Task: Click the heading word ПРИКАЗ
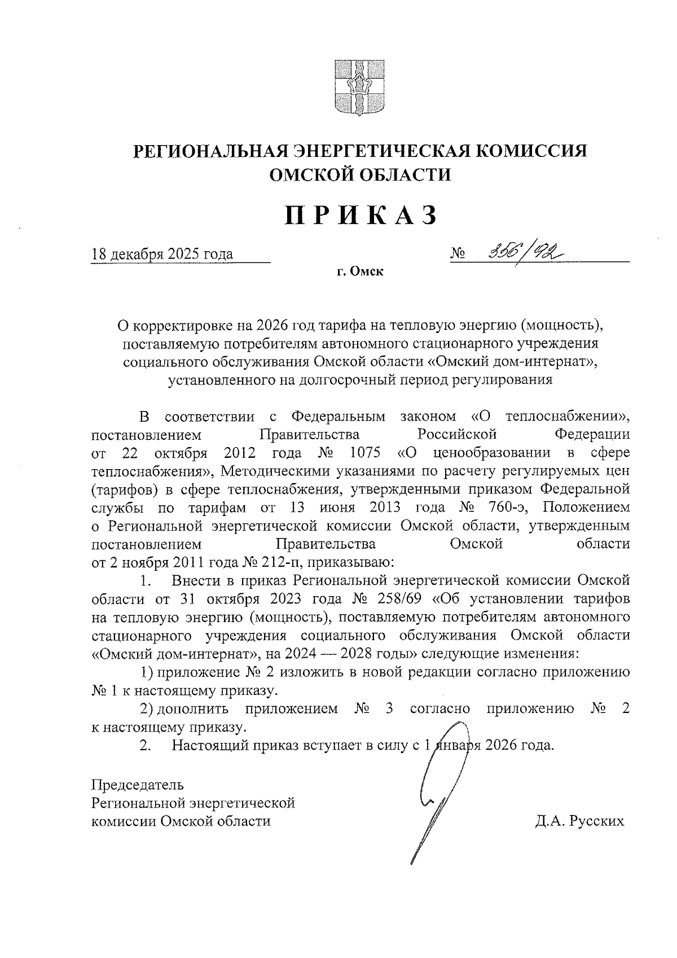[361, 215]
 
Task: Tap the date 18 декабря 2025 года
[162, 254]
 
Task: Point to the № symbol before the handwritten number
[458, 255]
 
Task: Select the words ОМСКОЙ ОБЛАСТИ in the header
[361, 175]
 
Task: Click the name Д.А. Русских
[580, 820]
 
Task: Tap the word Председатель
[138, 785]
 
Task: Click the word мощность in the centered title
[559, 326]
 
